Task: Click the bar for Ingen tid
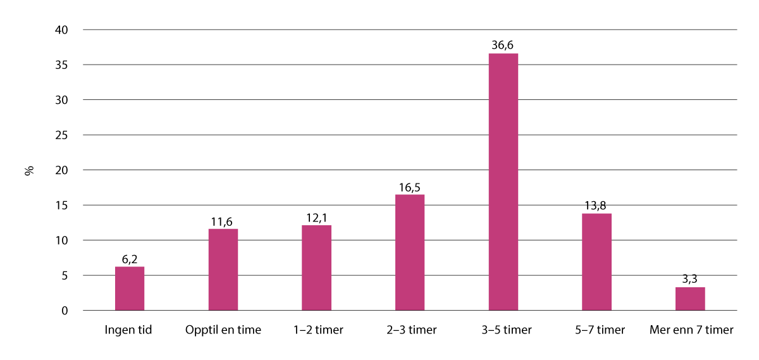tap(130, 289)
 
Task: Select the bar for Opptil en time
tap(223, 270)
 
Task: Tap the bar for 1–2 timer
tap(316, 268)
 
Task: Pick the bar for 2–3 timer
tap(410, 252)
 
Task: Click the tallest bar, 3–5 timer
tap(503, 182)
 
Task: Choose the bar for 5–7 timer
tap(596, 262)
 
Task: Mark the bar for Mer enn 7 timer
tap(690, 299)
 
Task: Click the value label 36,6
tap(503, 45)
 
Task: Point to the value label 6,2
tap(130, 259)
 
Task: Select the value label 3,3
tap(690, 279)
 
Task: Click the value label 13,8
tap(596, 205)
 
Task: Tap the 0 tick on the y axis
tap(65, 311)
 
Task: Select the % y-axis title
tap(29, 171)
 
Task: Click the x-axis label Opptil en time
tap(223, 330)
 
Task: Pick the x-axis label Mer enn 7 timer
tap(691, 330)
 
